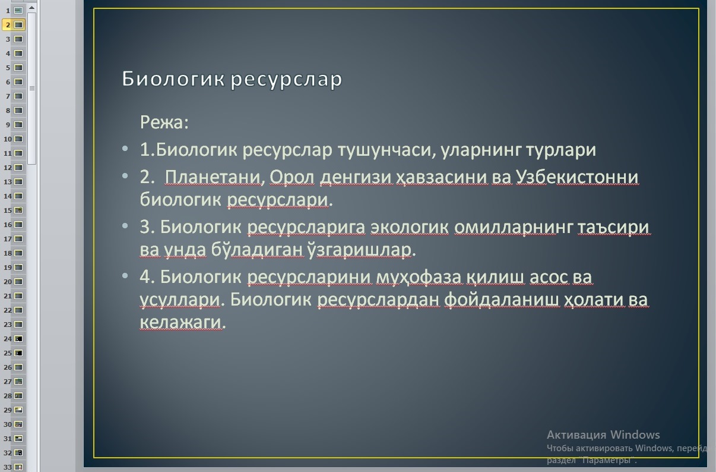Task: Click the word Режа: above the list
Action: click(164, 122)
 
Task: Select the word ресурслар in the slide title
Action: click(286, 80)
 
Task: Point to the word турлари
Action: click(561, 150)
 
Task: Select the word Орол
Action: click(292, 177)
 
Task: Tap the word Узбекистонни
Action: click(577, 177)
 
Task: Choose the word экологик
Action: click(410, 228)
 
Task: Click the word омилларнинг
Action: click(514, 228)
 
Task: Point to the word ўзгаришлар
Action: click(359, 250)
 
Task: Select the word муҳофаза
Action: click(419, 278)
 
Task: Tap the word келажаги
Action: click(181, 322)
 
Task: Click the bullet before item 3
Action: click(125, 226)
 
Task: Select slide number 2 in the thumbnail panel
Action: click(14, 24)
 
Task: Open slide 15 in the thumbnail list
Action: click(14, 210)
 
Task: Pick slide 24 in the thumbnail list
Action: click(14, 339)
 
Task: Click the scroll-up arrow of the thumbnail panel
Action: click(31, 7)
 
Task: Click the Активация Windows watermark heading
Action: click(603, 435)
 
